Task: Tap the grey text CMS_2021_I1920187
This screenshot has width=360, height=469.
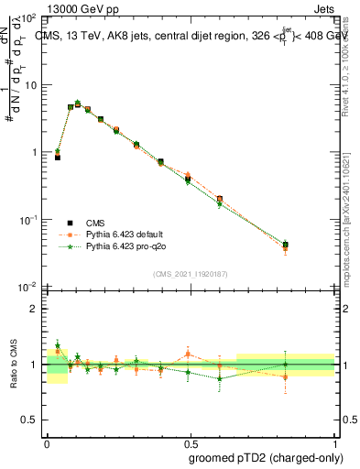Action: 190,273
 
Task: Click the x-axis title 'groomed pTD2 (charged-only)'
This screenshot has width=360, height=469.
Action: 267,457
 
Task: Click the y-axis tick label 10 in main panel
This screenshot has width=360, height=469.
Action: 32,85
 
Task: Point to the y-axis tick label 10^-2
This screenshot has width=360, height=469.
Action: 29,287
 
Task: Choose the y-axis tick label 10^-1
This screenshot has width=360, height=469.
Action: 29,220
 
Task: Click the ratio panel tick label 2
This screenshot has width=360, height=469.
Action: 35,309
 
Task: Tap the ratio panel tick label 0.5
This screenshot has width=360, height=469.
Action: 30,420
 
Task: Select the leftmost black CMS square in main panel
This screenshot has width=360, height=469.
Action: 57,158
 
